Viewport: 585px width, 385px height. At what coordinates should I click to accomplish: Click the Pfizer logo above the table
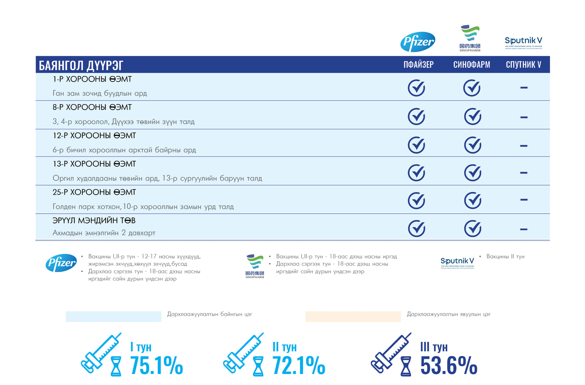coord(418,42)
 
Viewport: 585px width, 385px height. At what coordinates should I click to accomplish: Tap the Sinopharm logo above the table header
coord(470,38)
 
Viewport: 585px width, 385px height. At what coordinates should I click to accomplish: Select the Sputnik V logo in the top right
coord(523,42)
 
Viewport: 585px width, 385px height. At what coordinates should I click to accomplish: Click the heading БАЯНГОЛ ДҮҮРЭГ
coord(81,65)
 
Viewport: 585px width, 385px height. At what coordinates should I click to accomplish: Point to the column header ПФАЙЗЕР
coord(418,65)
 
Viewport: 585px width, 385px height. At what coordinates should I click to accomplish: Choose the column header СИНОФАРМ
coord(471,65)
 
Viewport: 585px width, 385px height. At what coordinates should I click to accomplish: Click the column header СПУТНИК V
coord(523,65)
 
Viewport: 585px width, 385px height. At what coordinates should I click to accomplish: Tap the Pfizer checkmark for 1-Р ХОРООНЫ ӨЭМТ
coord(416,88)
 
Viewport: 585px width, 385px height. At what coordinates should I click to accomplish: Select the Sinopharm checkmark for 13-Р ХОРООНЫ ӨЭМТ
coord(472,173)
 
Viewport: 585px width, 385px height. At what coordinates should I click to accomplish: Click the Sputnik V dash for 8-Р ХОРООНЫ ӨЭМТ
coord(524,117)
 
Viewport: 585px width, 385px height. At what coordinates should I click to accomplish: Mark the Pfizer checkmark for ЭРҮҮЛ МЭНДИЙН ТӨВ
coord(416,229)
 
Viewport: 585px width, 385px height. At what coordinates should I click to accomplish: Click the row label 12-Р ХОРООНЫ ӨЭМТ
coord(94,136)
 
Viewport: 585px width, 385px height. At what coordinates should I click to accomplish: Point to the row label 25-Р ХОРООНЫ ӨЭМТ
coord(94,192)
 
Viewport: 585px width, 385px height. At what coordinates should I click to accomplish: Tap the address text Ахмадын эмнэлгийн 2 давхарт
coord(104,233)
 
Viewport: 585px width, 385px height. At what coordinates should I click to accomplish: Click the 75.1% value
coord(156,365)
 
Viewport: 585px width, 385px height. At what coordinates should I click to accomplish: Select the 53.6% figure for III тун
coord(448,365)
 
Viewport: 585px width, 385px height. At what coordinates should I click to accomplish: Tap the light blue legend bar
coord(113,316)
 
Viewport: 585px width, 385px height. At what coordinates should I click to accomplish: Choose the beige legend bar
coord(353,316)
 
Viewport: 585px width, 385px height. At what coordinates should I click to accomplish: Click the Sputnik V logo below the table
coord(457,262)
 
